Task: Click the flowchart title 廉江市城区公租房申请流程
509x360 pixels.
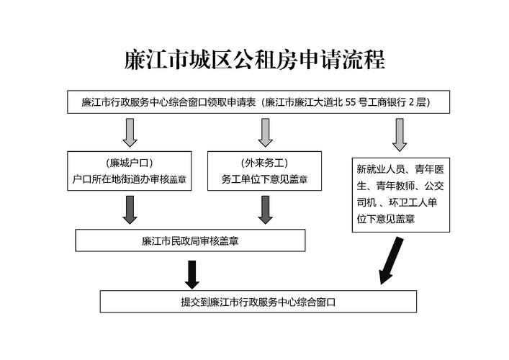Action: point(255,59)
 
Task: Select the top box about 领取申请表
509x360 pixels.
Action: point(260,102)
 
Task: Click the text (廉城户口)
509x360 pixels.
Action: point(130,163)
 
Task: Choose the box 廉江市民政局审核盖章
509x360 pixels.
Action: point(191,240)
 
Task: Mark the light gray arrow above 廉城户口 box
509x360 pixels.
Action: point(130,132)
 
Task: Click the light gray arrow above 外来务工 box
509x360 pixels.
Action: point(265,132)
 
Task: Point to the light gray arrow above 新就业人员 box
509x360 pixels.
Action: point(400,134)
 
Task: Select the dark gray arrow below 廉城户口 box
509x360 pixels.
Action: point(130,209)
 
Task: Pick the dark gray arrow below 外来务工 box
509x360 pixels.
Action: point(265,209)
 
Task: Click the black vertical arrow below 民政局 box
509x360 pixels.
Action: point(192,271)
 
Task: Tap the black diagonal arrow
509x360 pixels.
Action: point(394,258)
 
